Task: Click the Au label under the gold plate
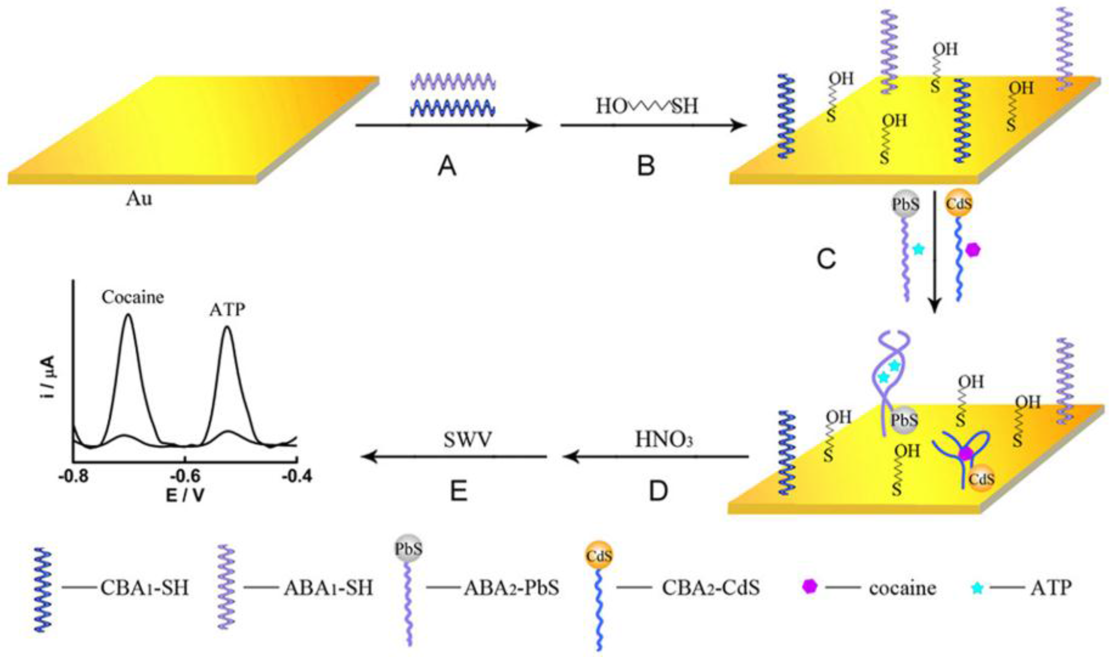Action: click(138, 199)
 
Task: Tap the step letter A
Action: click(447, 168)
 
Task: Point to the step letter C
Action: click(827, 260)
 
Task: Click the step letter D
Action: click(658, 492)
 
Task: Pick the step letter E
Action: click(459, 492)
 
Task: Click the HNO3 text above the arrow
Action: click(664, 440)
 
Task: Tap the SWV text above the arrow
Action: click(468, 440)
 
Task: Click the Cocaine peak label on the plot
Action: click(133, 297)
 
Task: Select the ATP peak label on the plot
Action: click(227, 310)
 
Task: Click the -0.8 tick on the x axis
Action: click(74, 476)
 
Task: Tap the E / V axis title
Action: click(185, 495)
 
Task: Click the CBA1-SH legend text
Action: click(144, 588)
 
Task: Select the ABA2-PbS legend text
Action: click(511, 588)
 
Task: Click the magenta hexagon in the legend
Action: click(809, 587)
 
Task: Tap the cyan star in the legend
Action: click(977, 588)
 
